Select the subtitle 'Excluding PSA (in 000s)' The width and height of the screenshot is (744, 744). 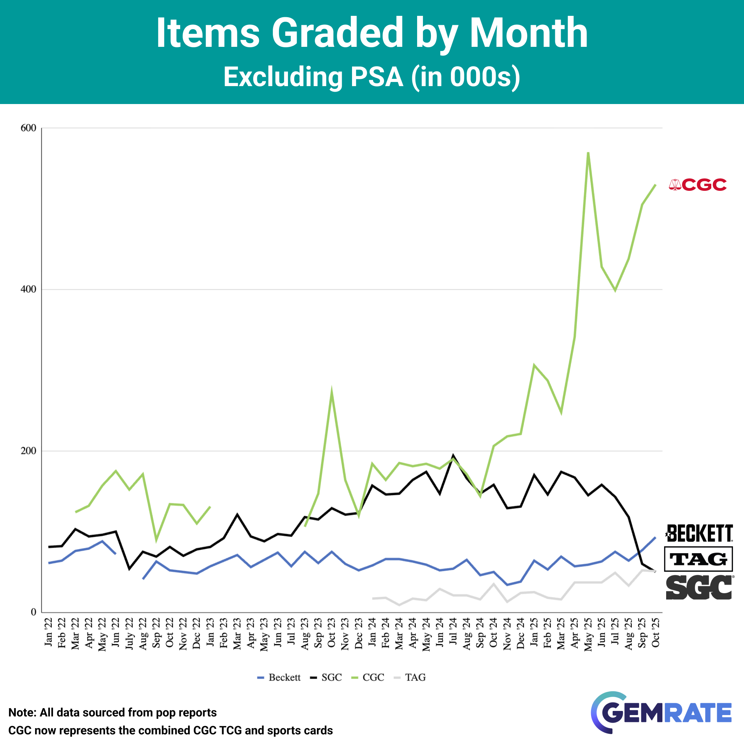point(372,77)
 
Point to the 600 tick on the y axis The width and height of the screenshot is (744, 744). point(28,128)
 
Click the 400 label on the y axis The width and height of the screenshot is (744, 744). point(28,289)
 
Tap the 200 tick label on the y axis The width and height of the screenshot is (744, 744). point(28,451)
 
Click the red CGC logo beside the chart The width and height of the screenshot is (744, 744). point(697,185)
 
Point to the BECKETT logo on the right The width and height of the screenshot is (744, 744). point(699,533)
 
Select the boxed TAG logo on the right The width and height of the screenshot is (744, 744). point(698,559)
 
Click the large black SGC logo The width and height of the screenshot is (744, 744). point(699,587)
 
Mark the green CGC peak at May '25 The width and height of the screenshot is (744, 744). point(588,153)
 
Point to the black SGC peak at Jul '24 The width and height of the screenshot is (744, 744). point(453,456)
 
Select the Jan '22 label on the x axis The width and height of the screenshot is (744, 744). point(49,632)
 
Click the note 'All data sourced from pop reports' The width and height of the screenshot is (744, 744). point(112,712)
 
